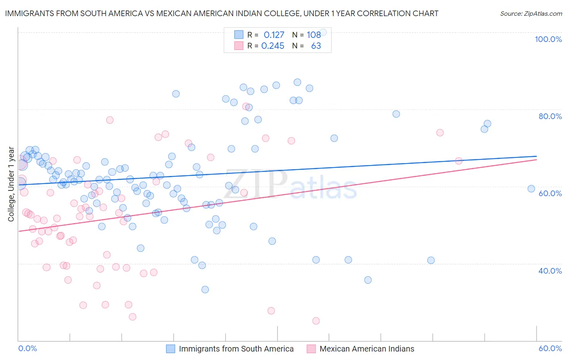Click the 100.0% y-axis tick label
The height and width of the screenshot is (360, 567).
tap(548, 39)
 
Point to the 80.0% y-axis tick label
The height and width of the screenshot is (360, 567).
tap(550, 116)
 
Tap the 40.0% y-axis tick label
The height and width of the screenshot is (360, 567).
tap(550, 271)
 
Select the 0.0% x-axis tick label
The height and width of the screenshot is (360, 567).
tap(27, 348)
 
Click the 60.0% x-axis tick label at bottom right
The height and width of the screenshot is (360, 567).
tap(550, 348)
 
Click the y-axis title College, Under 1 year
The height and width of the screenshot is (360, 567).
tap(11, 184)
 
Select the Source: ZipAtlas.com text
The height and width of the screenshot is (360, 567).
tap(531, 14)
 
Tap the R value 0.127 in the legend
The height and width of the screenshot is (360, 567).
tap(274, 35)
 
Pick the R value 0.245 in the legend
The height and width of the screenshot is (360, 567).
tap(273, 46)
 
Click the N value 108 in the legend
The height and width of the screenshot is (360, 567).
tap(314, 35)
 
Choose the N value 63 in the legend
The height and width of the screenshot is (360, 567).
tap(316, 46)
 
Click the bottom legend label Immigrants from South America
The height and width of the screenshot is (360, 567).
tap(236, 349)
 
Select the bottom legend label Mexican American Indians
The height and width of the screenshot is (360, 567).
tap(367, 349)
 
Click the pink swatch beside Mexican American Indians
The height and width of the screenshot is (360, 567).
tap(311, 349)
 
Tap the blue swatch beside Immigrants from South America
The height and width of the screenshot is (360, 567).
tap(171, 349)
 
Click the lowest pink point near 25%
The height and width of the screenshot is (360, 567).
tap(316, 321)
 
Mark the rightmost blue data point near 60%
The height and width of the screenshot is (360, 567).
tap(531, 188)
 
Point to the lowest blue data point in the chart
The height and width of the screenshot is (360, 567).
tap(205, 289)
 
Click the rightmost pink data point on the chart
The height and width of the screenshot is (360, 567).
tap(459, 161)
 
